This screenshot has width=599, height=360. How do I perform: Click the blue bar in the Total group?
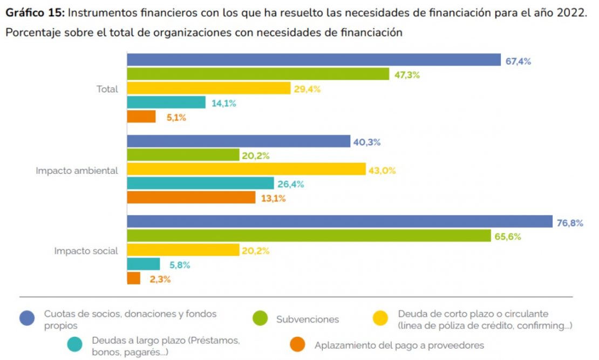click(x=314, y=60)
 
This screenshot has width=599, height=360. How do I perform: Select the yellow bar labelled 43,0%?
click(x=246, y=169)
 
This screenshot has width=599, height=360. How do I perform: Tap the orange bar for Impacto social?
click(x=133, y=279)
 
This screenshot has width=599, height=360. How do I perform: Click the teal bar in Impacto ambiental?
click(x=200, y=184)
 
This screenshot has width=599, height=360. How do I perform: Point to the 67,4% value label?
click(x=518, y=61)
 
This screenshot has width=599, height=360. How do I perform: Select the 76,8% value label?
click(x=570, y=223)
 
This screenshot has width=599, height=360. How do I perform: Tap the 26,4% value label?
click(x=291, y=184)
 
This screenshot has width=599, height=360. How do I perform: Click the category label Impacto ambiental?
click(x=77, y=171)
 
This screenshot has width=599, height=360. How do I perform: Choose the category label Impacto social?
click(x=86, y=251)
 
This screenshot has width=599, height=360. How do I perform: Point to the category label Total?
click(x=107, y=89)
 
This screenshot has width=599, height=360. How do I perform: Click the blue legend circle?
click(x=27, y=318)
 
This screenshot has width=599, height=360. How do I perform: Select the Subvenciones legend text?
click(x=308, y=319)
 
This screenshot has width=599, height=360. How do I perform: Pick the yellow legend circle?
click(x=382, y=318)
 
